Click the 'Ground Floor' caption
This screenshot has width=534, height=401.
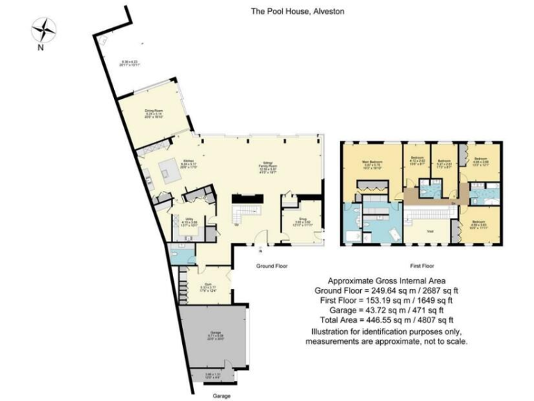pos(271,267)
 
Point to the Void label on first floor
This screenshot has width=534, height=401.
pos(430,230)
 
